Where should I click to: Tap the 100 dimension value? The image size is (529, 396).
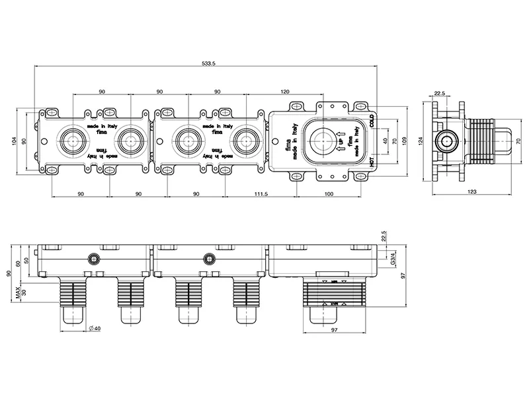[x=329, y=193]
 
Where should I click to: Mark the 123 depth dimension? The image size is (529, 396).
[x=471, y=191]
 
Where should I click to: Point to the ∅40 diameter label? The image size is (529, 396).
[x=94, y=329]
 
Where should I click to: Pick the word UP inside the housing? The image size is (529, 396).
[x=341, y=141]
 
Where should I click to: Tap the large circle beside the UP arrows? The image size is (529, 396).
[x=323, y=140]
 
